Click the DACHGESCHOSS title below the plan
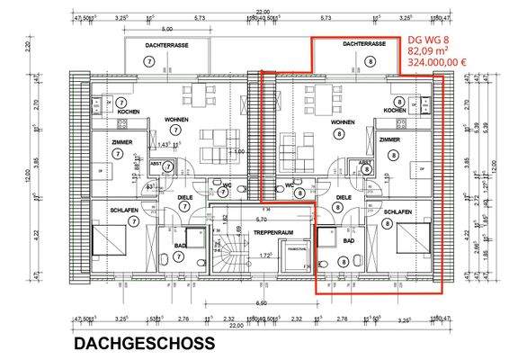[x=144, y=343]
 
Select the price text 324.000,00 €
[x=436, y=63]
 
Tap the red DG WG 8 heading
[x=428, y=40]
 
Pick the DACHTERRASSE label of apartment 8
[x=364, y=44]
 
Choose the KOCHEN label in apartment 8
[x=394, y=111]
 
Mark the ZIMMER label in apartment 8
[x=389, y=140]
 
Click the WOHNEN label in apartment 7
[x=175, y=120]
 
